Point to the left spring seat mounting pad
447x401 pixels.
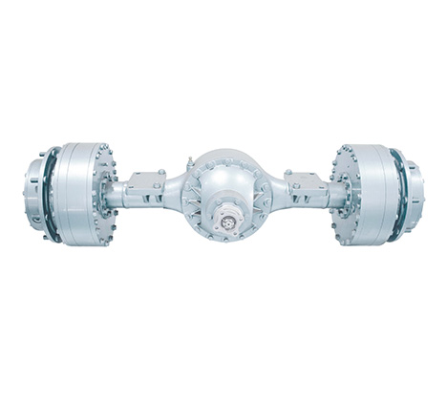146,179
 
